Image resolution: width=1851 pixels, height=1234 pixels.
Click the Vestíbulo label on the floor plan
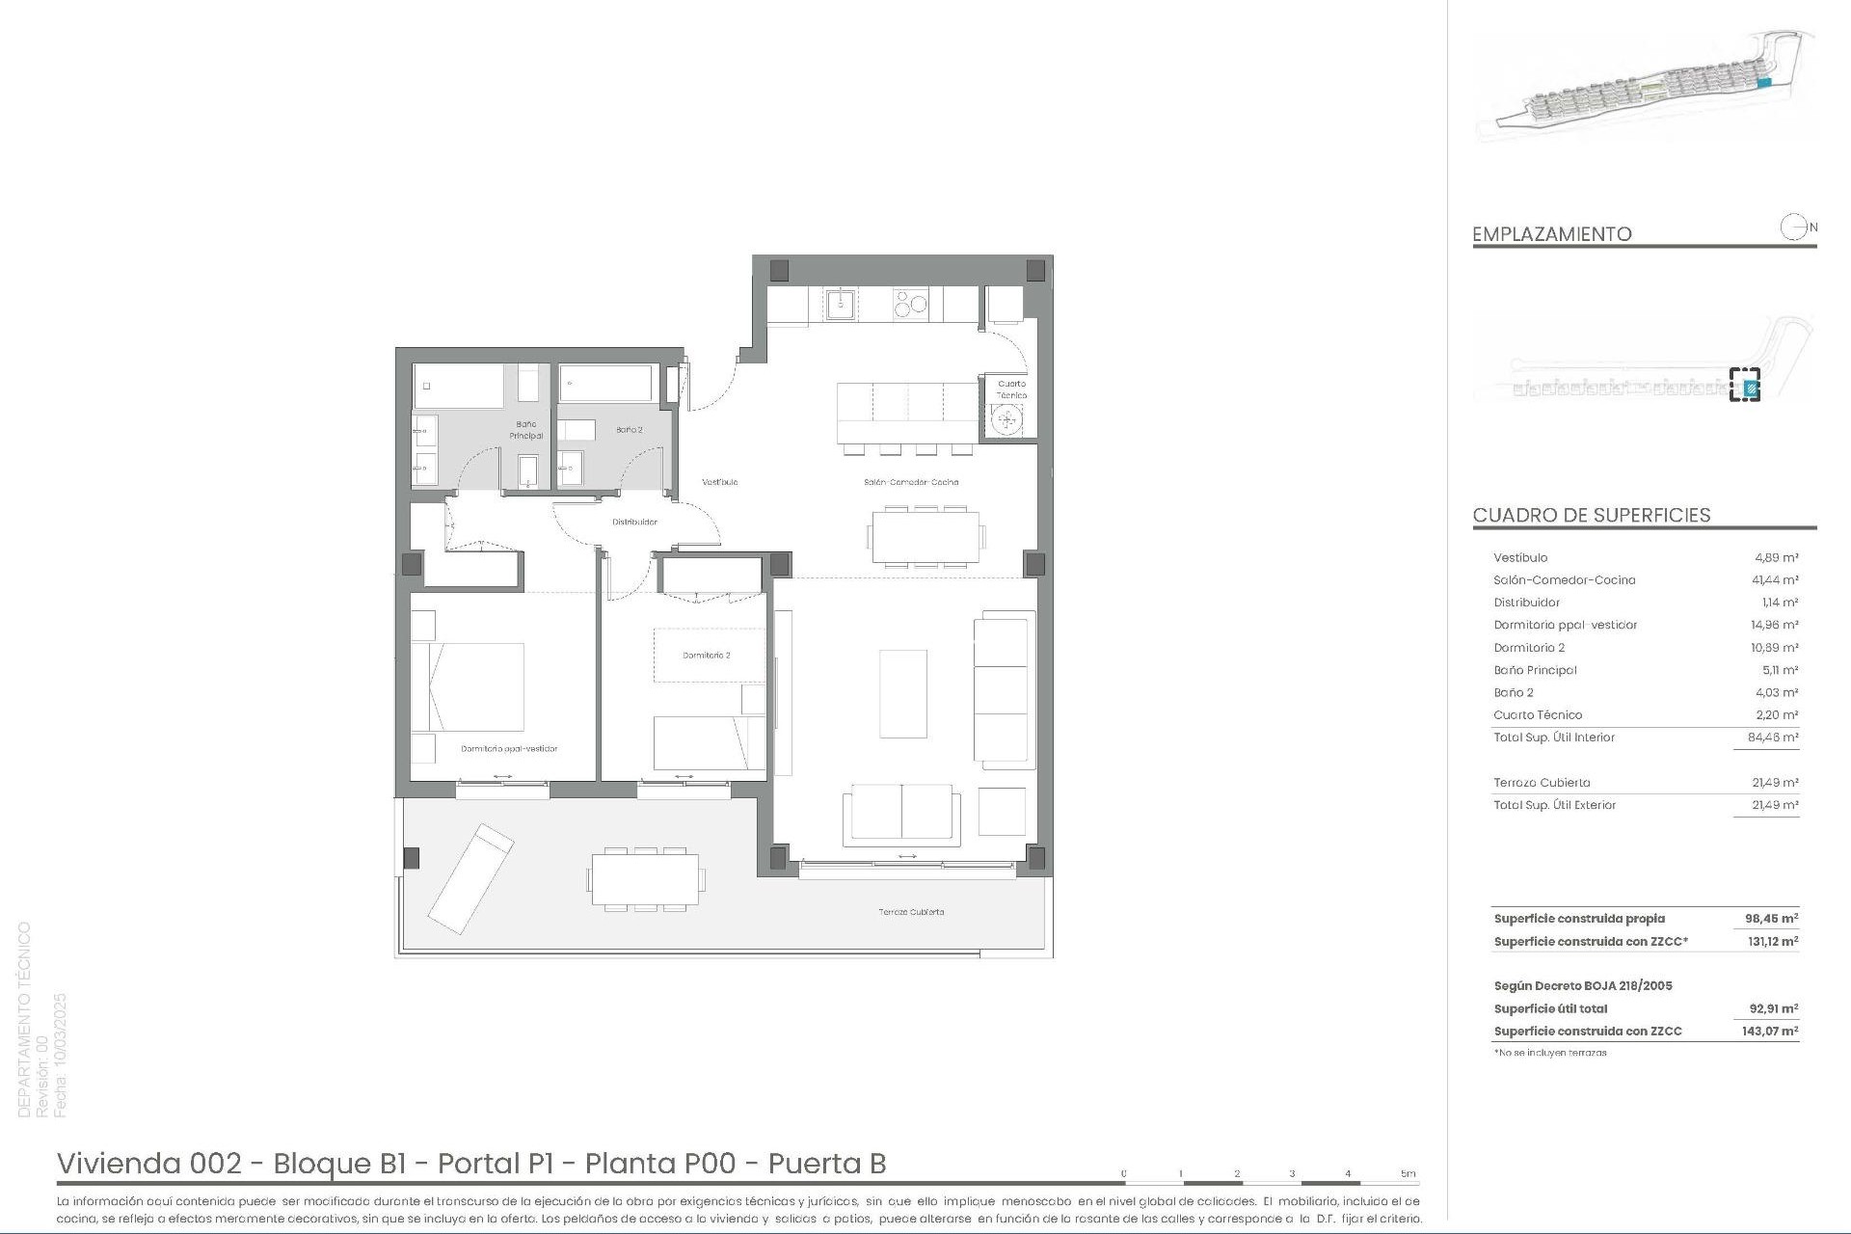pos(719,482)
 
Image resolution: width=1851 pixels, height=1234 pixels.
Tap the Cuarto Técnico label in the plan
pos(1011,389)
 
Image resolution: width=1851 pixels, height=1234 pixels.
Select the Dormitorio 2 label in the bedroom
pos(706,656)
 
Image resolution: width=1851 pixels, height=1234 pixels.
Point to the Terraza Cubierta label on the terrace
pos(911,912)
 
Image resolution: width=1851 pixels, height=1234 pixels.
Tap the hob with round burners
pos(910,305)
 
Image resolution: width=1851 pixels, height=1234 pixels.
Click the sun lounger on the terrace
pos(470,877)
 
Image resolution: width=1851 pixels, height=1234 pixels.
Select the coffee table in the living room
pos(903,694)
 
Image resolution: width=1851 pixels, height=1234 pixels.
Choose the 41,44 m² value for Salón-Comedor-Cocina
pos(1774,580)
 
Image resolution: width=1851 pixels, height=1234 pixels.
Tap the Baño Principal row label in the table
pos(1535,670)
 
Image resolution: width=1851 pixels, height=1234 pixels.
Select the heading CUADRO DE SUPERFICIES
pos(1591,515)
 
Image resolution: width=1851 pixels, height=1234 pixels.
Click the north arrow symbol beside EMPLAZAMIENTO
pos(1793,228)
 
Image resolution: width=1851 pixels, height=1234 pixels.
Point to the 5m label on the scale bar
pos(1408,1173)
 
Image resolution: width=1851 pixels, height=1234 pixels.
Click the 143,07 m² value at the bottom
pos(1772,1032)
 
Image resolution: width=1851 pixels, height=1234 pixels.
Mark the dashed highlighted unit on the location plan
pos(1745,385)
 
